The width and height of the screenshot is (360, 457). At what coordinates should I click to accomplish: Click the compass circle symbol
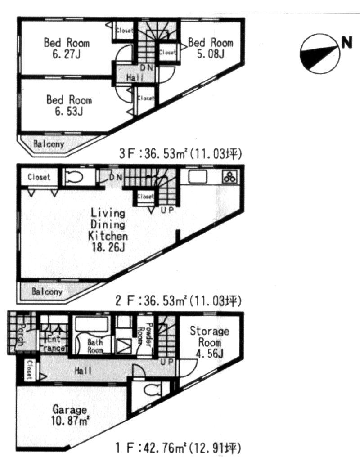(318, 54)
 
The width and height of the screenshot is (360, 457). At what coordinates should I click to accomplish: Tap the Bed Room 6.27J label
(66, 49)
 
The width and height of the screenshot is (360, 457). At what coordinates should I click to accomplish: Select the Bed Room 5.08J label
(210, 49)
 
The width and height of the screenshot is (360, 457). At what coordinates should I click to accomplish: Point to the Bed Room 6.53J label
(69, 105)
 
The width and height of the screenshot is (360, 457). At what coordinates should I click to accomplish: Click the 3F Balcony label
(49, 144)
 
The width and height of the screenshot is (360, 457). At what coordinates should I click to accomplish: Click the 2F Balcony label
(47, 291)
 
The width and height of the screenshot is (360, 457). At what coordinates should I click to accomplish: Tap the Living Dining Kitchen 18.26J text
(108, 229)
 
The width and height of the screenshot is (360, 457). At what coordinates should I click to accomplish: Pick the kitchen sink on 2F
(197, 177)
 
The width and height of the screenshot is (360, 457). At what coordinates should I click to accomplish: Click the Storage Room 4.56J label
(209, 342)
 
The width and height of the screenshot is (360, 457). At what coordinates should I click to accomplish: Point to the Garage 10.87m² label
(70, 416)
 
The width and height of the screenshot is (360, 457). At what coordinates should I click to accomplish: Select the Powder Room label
(149, 334)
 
